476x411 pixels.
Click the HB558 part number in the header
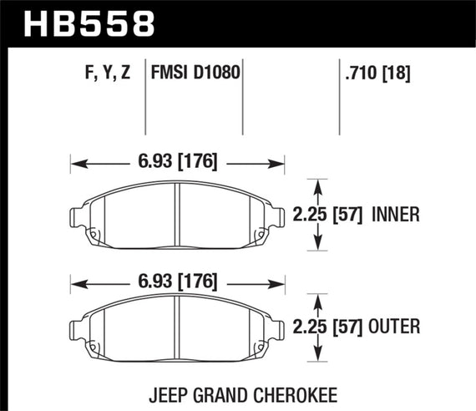point(90,23)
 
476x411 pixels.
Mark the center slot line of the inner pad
point(178,215)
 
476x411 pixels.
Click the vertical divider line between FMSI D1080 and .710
point(243,100)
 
